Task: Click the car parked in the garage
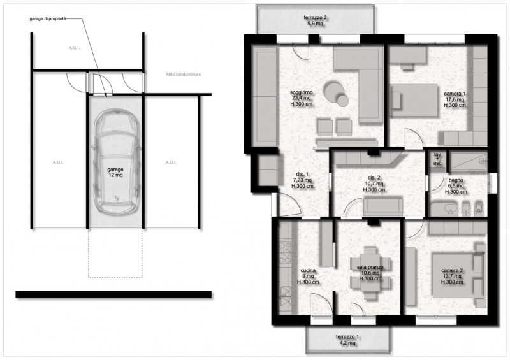pos(116,164)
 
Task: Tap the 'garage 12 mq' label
pos(115,171)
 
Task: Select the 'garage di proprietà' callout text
pos(47,19)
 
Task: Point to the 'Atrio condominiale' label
pos(183,75)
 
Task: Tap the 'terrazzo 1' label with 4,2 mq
pos(348,339)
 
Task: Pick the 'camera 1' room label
pos(455,99)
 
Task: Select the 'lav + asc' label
pos(437,159)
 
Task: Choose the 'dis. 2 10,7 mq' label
pos(374,184)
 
